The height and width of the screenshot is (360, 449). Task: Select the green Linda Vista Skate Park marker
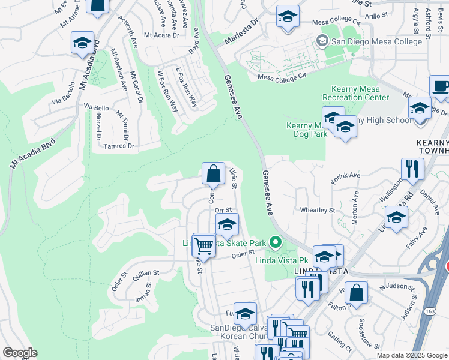276,243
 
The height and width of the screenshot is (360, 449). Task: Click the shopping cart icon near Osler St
204,246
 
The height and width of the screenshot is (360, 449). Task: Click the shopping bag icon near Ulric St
213,175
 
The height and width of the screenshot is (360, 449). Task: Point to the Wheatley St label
317,211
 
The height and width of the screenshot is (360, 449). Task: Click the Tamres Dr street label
119,146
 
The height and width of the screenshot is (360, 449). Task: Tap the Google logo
20,353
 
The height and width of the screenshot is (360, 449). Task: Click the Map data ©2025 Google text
412,355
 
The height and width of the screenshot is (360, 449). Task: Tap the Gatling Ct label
340,340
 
